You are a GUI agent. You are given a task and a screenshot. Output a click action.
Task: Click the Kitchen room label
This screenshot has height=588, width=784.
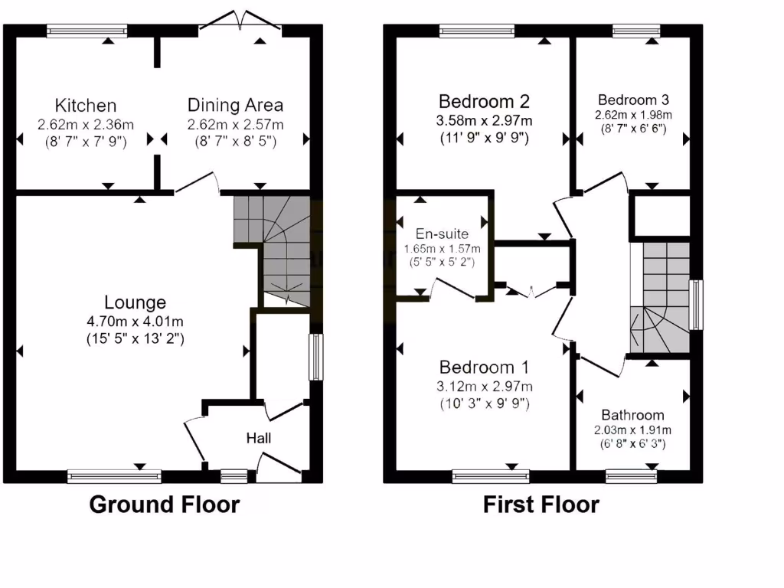[x=86, y=106]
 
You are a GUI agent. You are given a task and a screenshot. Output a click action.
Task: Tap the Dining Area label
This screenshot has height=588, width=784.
[x=236, y=105]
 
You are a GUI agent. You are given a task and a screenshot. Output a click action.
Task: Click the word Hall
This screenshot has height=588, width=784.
[x=258, y=439]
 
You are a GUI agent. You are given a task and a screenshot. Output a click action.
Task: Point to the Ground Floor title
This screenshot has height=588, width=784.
[x=165, y=505]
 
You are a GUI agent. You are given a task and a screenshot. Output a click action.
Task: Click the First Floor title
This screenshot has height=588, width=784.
[x=541, y=505]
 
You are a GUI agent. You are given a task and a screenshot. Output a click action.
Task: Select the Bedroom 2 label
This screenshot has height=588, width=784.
[x=484, y=101]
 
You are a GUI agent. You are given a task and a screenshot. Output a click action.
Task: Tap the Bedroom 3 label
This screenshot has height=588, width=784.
[x=633, y=100]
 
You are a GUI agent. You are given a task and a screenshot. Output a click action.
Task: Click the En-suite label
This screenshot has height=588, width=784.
[x=442, y=234]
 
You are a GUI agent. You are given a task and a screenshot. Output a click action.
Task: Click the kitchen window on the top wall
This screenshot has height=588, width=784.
[x=86, y=31]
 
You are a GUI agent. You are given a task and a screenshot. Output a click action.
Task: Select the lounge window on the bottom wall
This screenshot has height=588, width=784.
[x=114, y=476]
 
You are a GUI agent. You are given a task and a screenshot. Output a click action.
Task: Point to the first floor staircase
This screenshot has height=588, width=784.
[x=658, y=299]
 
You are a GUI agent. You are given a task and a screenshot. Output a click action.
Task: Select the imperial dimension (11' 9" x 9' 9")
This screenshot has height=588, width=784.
[x=484, y=139]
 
